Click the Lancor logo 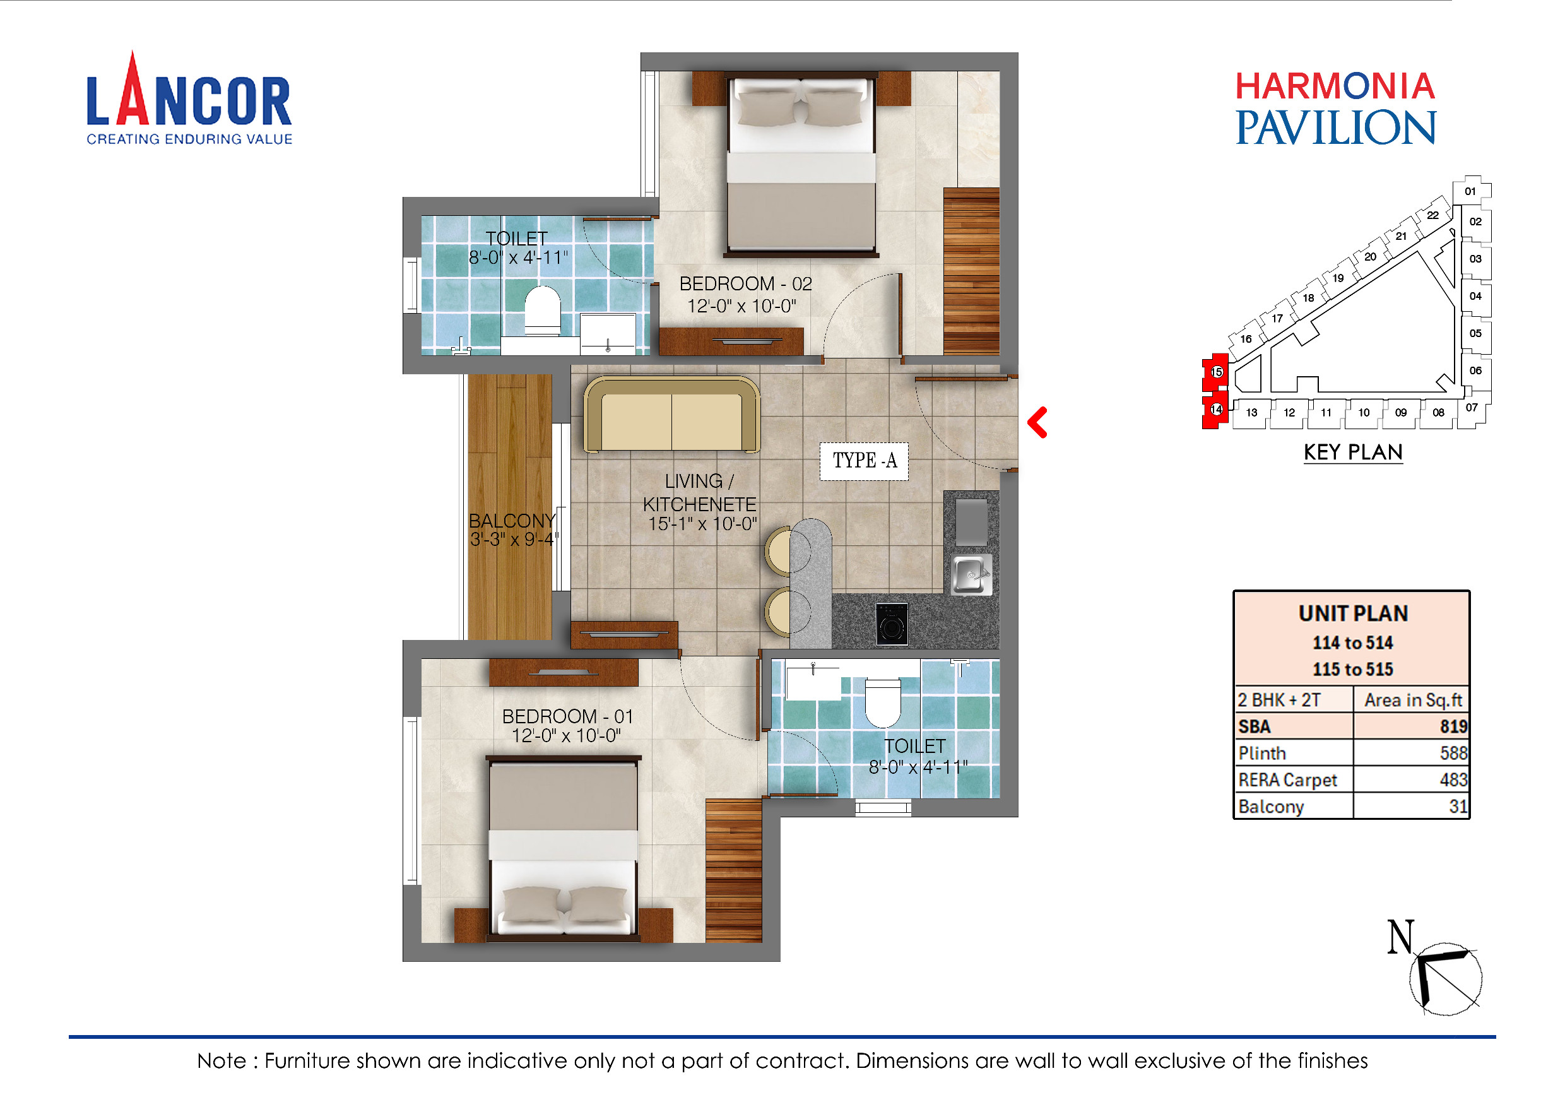click(x=189, y=100)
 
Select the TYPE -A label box click(x=864, y=461)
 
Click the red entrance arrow click(x=1037, y=423)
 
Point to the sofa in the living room click(x=671, y=416)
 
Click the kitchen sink click(x=971, y=574)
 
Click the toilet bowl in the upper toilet click(x=542, y=310)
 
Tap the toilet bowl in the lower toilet click(x=882, y=702)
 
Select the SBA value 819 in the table click(x=1453, y=726)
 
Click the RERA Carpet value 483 click(x=1453, y=780)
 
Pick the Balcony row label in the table click(x=1270, y=807)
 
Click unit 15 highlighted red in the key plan click(x=1216, y=372)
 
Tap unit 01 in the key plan click(x=1470, y=191)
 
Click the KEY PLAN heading click(x=1352, y=453)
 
